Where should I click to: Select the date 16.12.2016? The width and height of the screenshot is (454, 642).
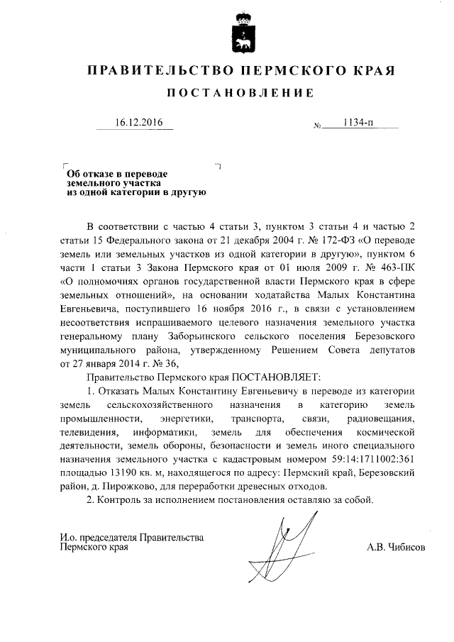pyautogui.click(x=139, y=123)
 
